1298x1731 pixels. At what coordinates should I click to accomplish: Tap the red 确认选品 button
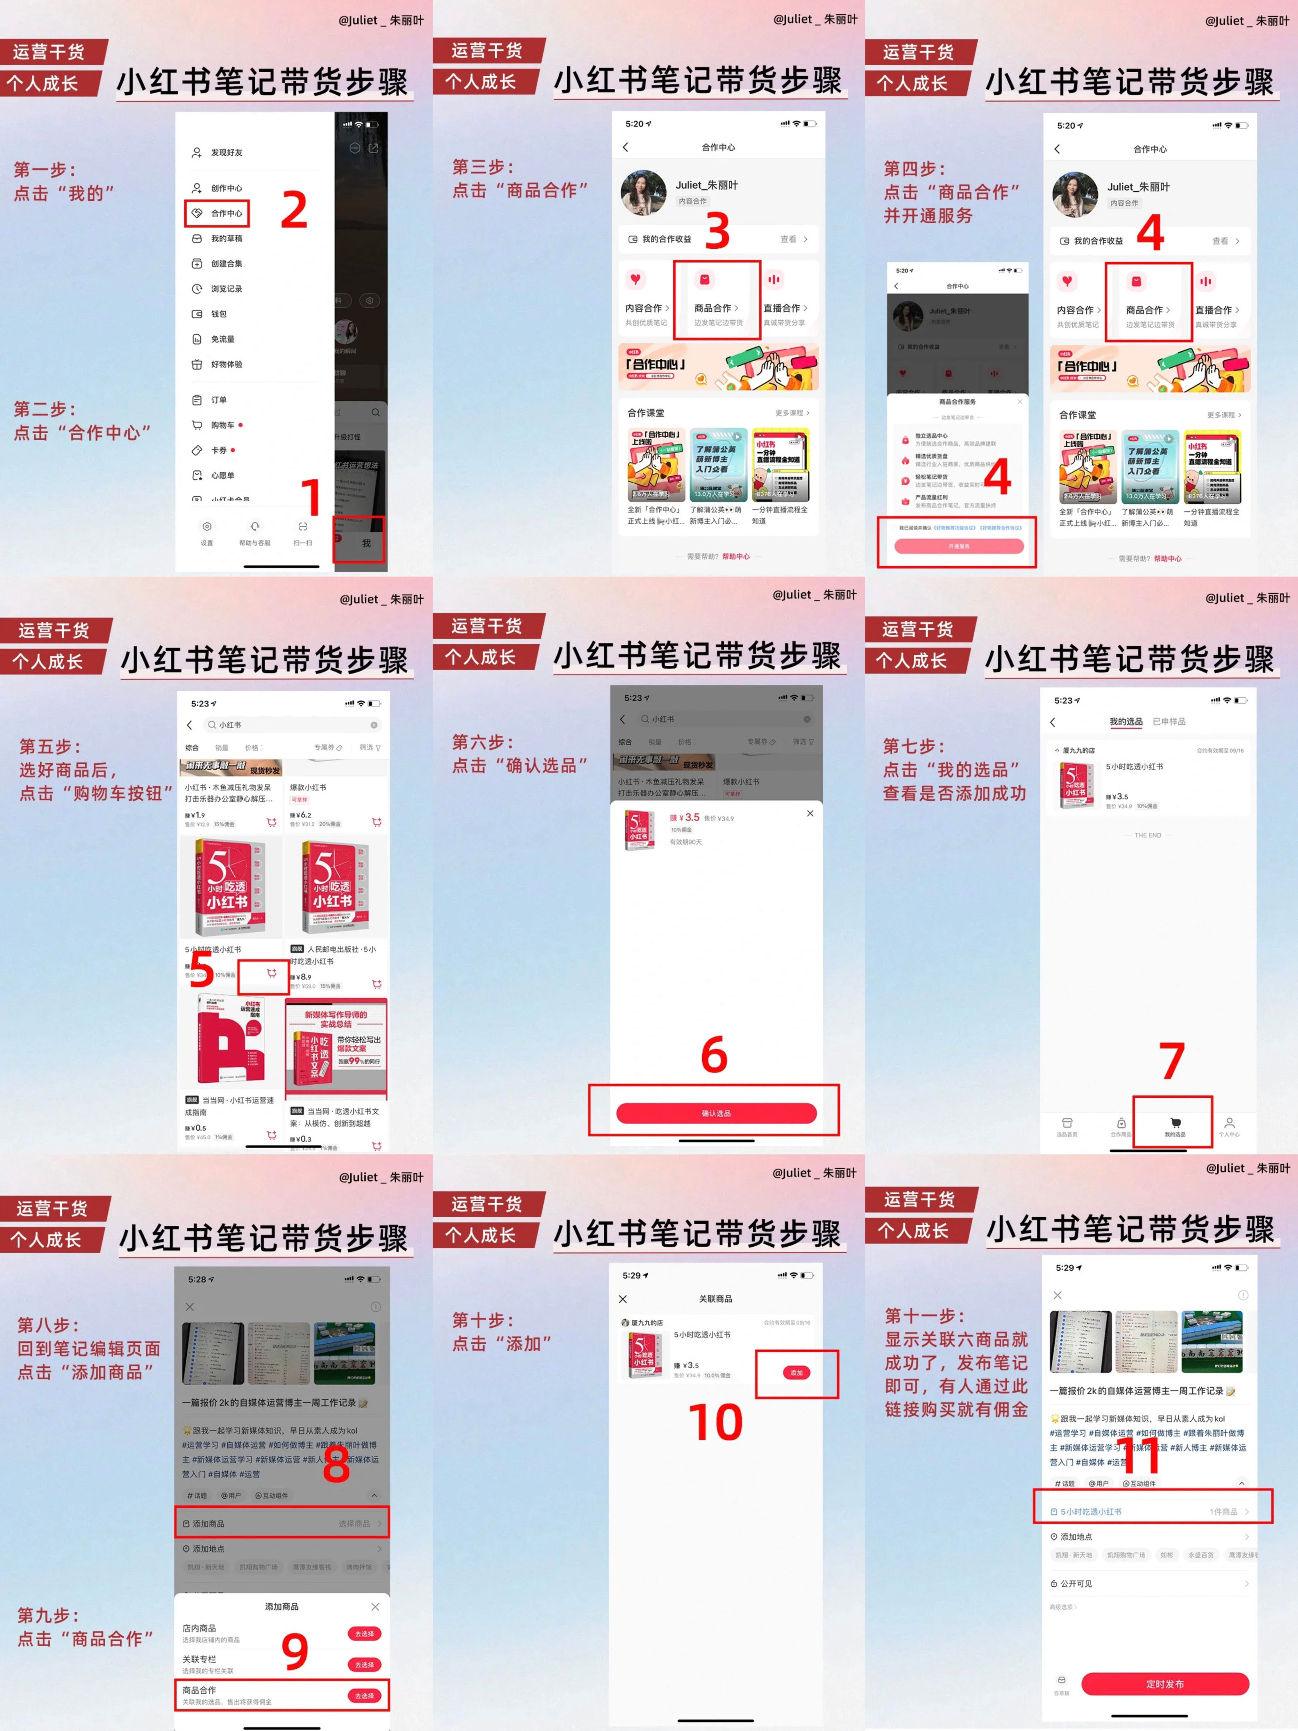[x=716, y=1113]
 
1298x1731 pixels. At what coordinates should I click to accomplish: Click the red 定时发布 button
[x=1164, y=1684]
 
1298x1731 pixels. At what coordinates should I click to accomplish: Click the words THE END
[x=1148, y=835]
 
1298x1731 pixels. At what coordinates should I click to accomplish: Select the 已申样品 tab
[x=1169, y=722]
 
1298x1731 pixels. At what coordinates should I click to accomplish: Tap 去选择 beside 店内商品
[x=364, y=1634]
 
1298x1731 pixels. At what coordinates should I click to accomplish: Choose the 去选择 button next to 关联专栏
[x=364, y=1665]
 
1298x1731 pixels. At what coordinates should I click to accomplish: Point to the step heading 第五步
[x=50, y=747]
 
